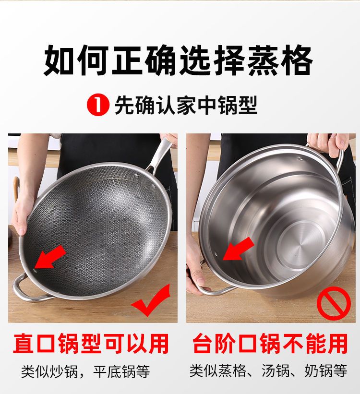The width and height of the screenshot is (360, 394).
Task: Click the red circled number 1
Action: (x=98, y=105)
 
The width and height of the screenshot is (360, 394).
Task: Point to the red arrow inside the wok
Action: (x=50, y=257)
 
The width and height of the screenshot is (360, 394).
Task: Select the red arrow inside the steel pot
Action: (x=238, y=249)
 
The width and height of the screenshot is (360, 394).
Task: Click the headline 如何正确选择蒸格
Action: (x=178, y=60)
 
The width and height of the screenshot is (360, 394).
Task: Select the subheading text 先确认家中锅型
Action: (x=186, y=105)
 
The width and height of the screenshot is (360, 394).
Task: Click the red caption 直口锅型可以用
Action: (x=91, y=343)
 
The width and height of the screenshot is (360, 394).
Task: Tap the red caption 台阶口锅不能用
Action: (x=270, y=343)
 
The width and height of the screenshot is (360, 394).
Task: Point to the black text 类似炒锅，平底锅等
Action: (x=85, y=371)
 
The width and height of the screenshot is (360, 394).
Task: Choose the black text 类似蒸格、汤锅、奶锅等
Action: (x=268, y=370)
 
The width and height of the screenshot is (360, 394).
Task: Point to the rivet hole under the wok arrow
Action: (x=35, y=271)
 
